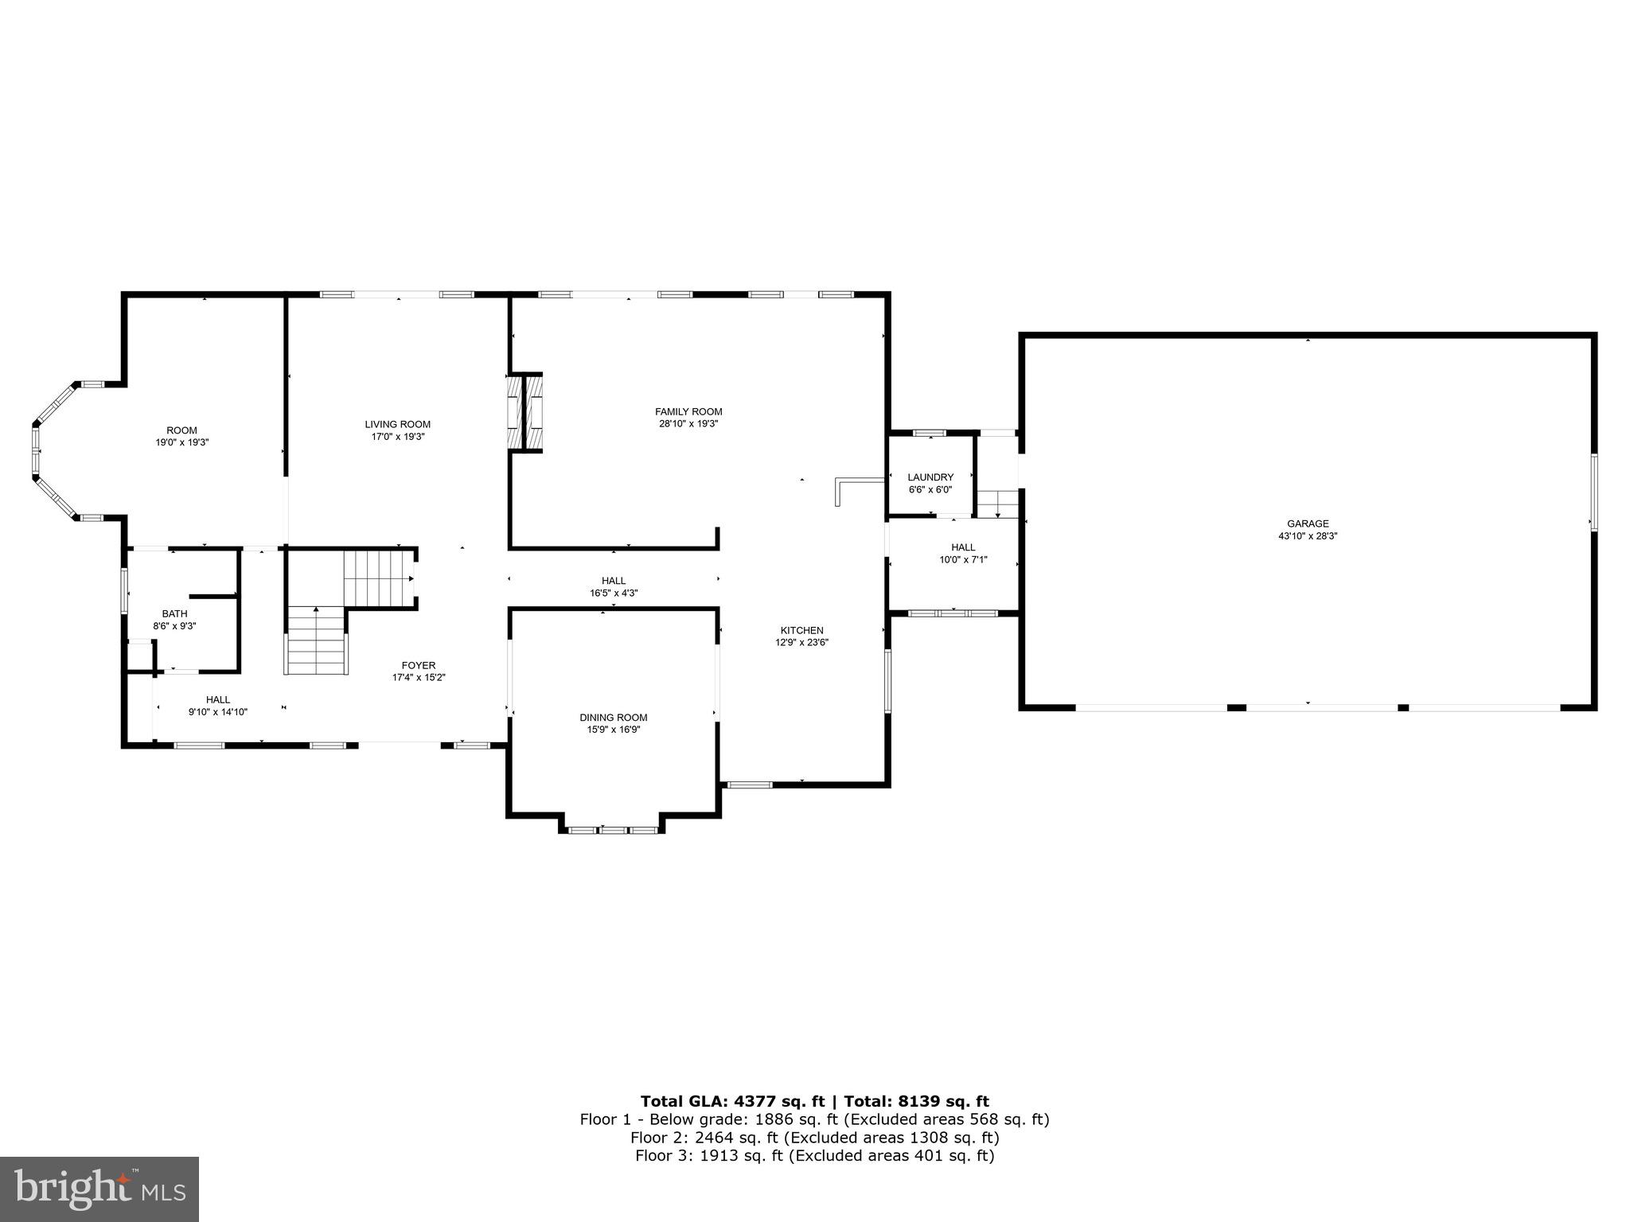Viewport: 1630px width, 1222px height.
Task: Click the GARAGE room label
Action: tap(1308, 523)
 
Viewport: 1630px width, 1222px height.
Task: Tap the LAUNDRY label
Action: tap(930, 477)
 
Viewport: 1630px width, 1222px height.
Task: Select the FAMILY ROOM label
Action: tap(688, 411)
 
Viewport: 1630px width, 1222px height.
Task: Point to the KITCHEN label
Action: tap(801, 630)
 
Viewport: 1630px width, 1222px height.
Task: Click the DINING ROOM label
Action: tap(613, 717)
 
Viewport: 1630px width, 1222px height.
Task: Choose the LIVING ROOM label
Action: tap(397, 424)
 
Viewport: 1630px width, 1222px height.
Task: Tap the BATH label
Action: tap(174, 613)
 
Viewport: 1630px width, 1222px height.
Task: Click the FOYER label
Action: tap(418, 665)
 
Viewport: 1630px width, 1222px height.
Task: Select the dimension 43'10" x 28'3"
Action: tap(1308, 536)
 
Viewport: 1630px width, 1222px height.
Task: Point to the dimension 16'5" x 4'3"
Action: tap(613, 593)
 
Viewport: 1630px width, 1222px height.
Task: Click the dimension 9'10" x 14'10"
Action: tap(217, 712)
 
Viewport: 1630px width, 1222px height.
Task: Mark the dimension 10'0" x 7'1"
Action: tap(963, 559)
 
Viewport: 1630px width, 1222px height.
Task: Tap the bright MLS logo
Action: tap(99, 1189)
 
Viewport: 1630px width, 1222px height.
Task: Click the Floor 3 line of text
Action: tap(814, 1156)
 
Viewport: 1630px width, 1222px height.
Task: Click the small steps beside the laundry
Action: tap(998, 504)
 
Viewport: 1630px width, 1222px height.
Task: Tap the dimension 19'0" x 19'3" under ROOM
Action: tap(181, 442)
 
